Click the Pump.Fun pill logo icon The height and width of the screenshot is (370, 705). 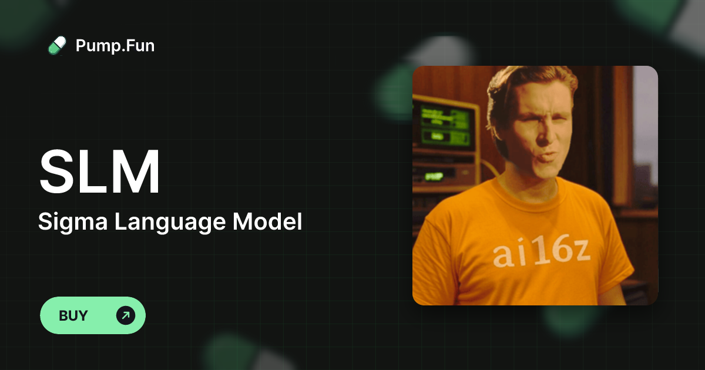pyautogui.click(x=57, y=45)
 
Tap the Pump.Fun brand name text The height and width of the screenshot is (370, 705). pyautogui.click(x=115, y=45)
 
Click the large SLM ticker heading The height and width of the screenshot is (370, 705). pyautogui.click(x=99, y=173)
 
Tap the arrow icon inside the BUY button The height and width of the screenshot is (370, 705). pyautogui.click(x=125, y=315)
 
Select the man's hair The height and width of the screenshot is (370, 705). pyautogui.click(x=529, y=82)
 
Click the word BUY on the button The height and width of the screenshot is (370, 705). pyautogui.click(x=73, y=315)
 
